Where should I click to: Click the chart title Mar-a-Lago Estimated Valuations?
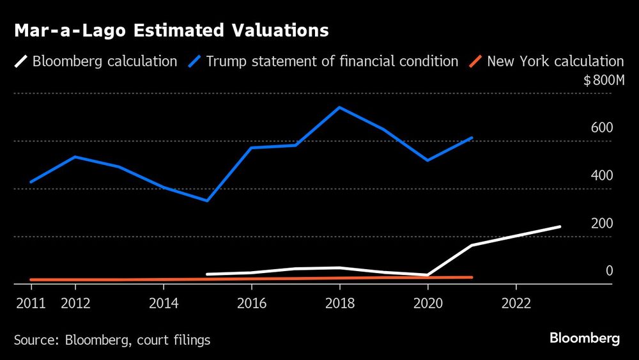(x=171, y=30)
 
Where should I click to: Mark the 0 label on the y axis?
(x=609, y=271)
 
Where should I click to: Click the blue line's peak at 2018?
(x=340, y=107)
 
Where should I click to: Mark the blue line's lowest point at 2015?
(x=208, y=201)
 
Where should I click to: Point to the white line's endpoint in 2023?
(x=560, y=226)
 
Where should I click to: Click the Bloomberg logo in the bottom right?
(x=584, y=339)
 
